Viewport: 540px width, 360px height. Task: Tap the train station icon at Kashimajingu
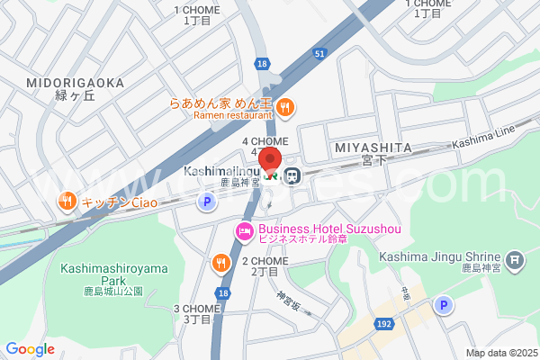[292, 175]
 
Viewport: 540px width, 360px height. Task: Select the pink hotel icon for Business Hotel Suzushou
[244, 231]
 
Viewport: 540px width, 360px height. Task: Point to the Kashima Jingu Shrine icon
[515, 262]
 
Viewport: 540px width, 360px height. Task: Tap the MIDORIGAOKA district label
[76, 83]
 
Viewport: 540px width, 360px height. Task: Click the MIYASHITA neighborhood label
[372, 148]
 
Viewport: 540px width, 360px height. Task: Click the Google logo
[30, 349]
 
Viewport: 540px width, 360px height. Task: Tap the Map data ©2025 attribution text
[500, 353]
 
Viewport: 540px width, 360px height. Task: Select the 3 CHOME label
[197, 308]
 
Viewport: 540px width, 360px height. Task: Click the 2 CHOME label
[265, 261]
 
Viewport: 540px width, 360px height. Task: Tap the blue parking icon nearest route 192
[442, 306]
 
